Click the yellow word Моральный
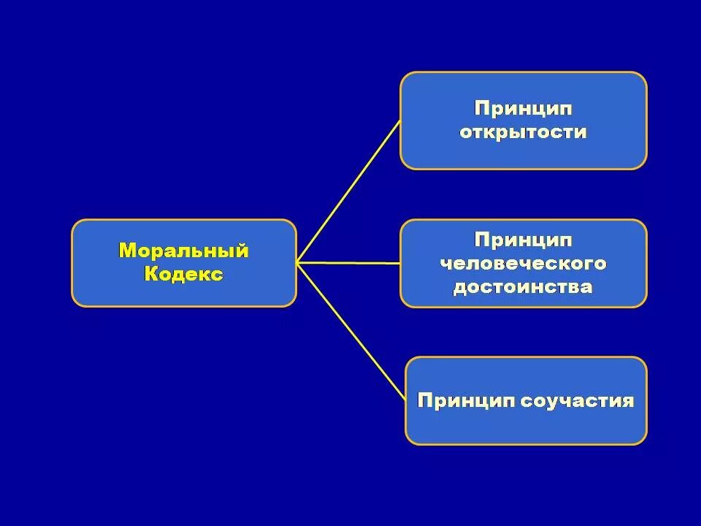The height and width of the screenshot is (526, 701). (x=183, y=251)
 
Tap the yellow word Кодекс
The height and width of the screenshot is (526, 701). (x=183, y=274)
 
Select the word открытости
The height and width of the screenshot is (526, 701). (x=523, y=132)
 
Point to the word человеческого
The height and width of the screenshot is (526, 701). (x=523, y=263)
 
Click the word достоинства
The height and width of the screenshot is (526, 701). (x=523, y=286)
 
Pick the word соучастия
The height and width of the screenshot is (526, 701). (x=577, y=400)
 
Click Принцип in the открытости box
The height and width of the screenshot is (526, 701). (x=523, y=108)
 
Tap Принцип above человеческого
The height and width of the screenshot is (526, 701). (x=523, y=240)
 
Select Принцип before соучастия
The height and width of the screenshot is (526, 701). (x=467, y=400)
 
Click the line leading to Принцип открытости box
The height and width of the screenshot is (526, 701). (x=349, y=191)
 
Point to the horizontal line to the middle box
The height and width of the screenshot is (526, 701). (x=349, y=262)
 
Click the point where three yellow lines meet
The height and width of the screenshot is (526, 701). (x=297, y=262)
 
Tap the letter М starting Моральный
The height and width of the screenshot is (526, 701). (x=127, y=251)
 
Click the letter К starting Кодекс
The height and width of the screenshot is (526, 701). (x=150, y=274)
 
